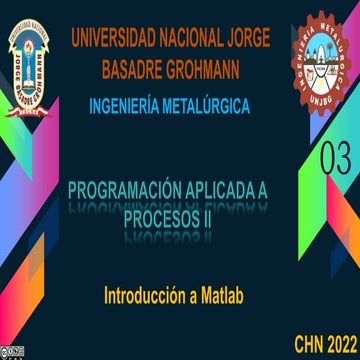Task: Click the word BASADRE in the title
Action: (139, 70)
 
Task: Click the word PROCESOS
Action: (165, 216)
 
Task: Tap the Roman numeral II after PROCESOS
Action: (218, 216)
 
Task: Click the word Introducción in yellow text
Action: (150, 296)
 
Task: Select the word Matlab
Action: (231, 296)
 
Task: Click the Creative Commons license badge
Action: (15, 350)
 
